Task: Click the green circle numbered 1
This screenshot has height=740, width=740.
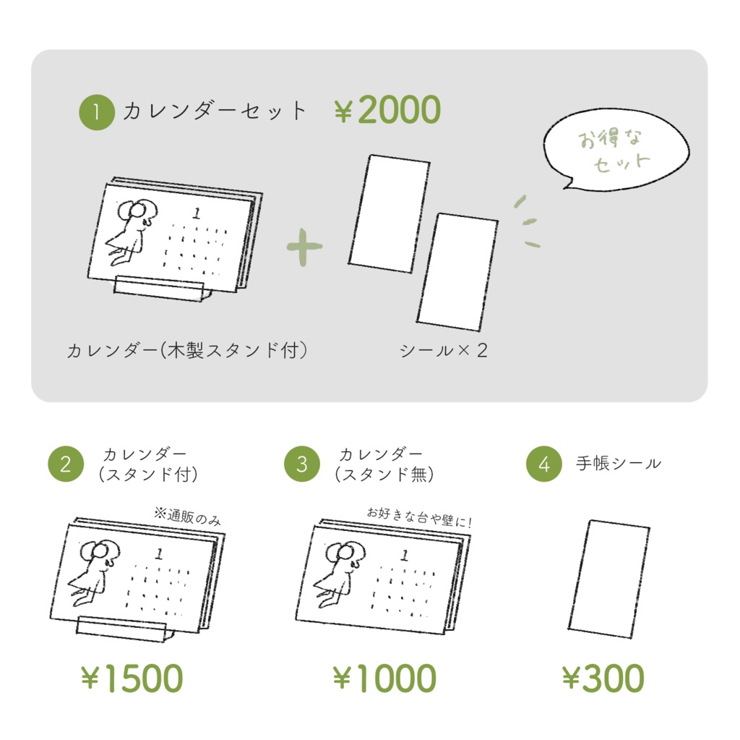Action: click(97, 112)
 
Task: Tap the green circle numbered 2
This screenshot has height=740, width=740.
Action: click(66, 464)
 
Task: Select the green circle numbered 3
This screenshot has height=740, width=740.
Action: click(302, 464)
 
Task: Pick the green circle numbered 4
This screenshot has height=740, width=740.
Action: click(544, 464)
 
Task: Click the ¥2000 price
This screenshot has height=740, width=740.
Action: click(387, 110)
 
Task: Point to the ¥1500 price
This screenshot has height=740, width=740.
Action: click(132, 678)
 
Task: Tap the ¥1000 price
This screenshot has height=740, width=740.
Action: click(384, 678)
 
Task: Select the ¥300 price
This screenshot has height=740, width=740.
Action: click(603, 678)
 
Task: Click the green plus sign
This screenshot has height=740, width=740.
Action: click(304, 247)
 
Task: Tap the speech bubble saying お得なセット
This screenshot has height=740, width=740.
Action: click(616, 149)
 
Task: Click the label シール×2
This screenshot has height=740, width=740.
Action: click(443, 351)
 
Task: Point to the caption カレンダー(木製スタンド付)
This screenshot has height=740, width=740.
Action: click(187, 351)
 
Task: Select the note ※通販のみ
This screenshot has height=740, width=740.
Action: click(187, 516)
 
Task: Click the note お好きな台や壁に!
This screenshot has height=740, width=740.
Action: click(419, 517)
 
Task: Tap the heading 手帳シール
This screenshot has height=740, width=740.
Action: click(619, 464)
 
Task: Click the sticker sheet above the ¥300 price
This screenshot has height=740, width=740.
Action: click(608, 579)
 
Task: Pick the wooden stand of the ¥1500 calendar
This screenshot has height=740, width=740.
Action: click(123, 629)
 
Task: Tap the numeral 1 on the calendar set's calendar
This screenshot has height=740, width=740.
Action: click(197, 213)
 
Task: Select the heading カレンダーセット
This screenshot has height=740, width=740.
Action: click(215, 111)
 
